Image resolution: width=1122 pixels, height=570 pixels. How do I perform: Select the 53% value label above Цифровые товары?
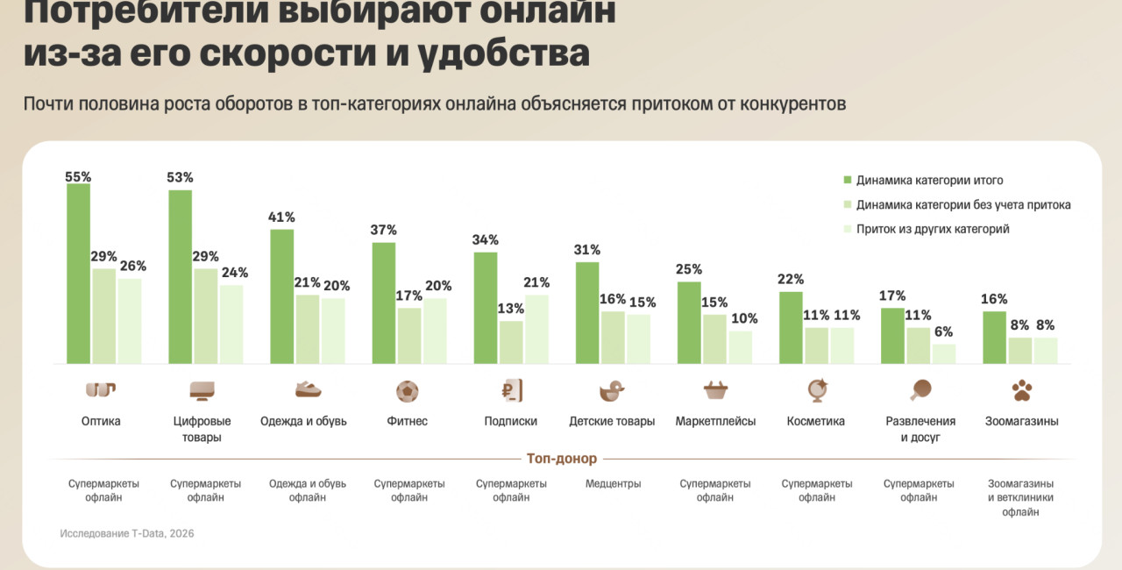point(180,177)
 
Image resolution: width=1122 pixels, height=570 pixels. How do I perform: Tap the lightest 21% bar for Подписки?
point(536,329)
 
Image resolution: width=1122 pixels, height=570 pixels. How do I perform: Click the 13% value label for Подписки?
point(510,309)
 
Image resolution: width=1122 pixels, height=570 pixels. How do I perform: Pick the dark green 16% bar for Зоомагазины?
point(994,338)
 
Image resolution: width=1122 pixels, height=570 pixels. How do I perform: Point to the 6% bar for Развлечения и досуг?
point(943,353)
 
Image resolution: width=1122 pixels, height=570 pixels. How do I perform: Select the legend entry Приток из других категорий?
point(933,229)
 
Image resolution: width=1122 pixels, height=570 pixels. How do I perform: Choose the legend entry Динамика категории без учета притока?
point(962,205)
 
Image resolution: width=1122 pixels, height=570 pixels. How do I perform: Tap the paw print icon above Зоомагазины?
point(1022,390)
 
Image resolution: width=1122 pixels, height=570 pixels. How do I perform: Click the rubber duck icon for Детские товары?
point(611,390)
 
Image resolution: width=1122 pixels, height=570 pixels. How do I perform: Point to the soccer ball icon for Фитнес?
point(408,390)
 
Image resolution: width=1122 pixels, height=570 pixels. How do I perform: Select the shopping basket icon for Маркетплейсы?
point(715,390)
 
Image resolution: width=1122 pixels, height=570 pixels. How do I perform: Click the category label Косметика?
point(816,421)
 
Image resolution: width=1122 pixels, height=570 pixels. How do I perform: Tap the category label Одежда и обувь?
point(303,421)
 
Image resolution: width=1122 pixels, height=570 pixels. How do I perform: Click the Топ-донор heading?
point(561,459)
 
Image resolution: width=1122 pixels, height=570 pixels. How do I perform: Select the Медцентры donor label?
point(613,484)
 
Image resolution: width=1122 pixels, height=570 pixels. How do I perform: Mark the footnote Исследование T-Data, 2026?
point(127,533)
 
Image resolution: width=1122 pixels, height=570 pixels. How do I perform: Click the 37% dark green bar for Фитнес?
point(383,303)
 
